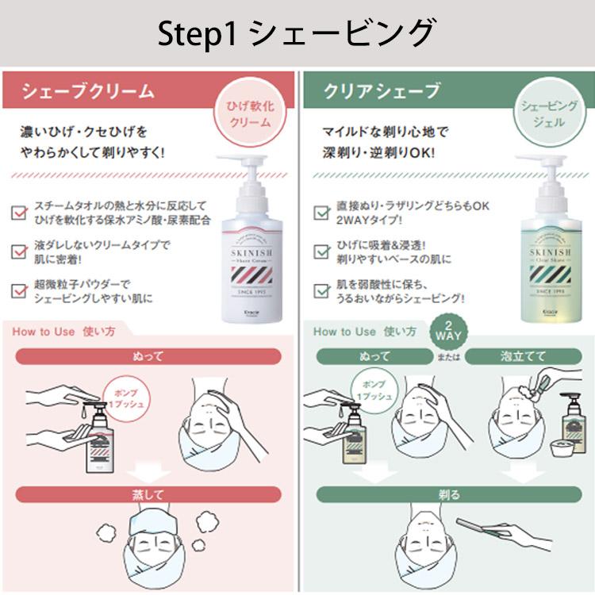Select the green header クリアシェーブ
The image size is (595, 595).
pyautogui.click(x=381, y=91)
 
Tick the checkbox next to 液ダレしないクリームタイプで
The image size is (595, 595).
pyautogui.click(x=20, y=251)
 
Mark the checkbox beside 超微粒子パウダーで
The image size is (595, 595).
pyautogui.click(x=20, y=291)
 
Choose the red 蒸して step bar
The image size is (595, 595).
pyautogui.click(x=148, y=495)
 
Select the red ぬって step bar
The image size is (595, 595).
pyautogui.click(x=148, y=355)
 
